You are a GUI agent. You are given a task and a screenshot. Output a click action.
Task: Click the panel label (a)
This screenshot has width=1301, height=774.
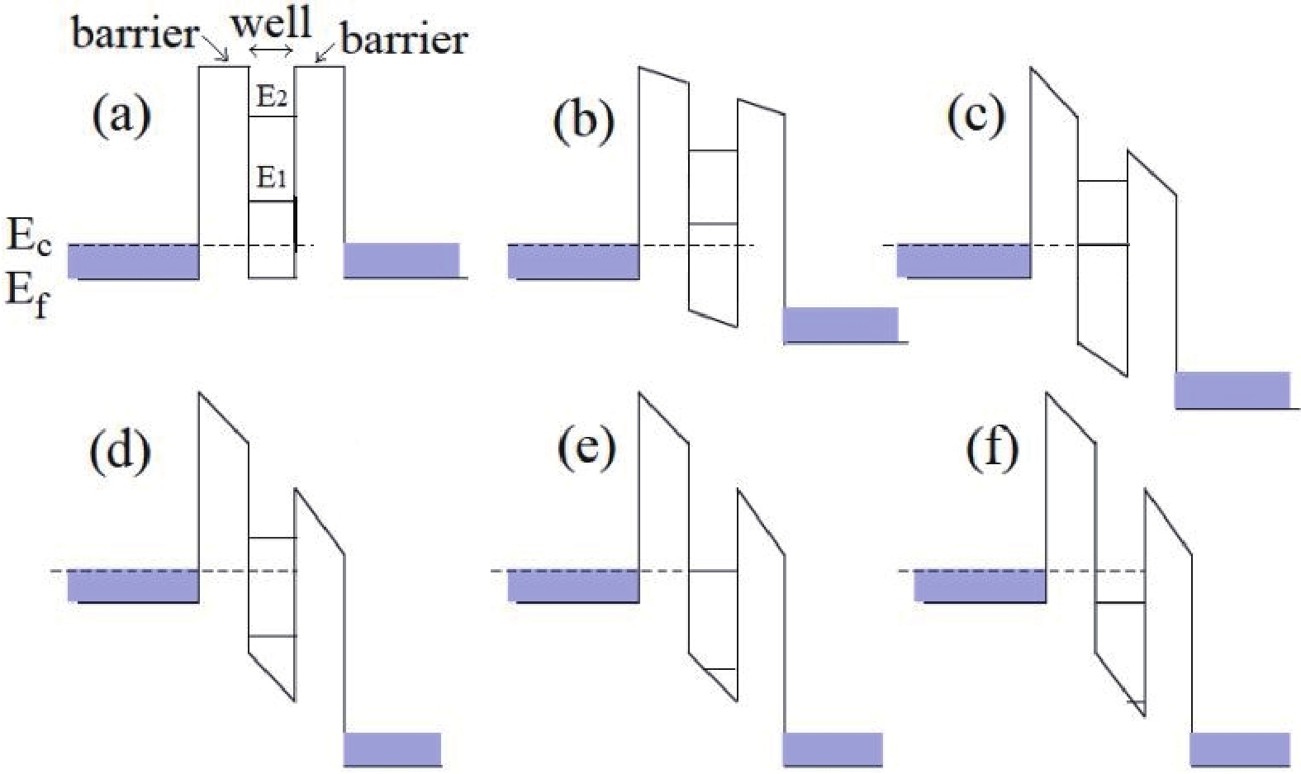coord(121,116)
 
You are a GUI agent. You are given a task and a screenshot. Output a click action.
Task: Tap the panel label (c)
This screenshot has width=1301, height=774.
coord(975,115)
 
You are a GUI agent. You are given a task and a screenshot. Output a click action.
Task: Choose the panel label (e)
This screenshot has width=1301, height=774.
coord(586,449)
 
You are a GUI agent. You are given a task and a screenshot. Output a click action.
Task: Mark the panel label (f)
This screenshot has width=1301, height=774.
coord(991,449)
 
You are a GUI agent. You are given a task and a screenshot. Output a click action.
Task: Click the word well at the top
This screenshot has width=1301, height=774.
coord(271,22)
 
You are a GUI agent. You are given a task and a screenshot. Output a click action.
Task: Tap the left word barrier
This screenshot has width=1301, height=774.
coord(135,33)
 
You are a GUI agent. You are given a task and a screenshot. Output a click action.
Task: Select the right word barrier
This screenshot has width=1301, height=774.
coord(404,39)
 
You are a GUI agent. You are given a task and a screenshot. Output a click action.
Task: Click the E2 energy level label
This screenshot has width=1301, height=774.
coord(272,97)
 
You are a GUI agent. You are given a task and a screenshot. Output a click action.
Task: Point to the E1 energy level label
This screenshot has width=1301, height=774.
coord(272,177)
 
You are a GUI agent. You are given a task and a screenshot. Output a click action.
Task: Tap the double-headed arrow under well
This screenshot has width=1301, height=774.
coord(271,51)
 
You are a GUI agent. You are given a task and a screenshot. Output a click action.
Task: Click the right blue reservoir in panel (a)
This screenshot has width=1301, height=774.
coord(401,260)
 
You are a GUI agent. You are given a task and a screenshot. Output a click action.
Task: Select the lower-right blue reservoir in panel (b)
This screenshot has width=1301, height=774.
coord(840,324)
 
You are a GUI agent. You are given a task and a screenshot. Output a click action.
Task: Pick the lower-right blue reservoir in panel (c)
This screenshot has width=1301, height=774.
coord(1232,389)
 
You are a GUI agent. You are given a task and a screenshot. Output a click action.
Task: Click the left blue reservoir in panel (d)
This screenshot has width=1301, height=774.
coord(133,586)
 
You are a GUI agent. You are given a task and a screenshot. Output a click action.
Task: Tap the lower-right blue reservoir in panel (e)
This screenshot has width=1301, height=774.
coord(833,748)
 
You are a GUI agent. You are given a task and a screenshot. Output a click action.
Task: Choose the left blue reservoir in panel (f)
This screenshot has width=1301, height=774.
coord(980,586)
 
